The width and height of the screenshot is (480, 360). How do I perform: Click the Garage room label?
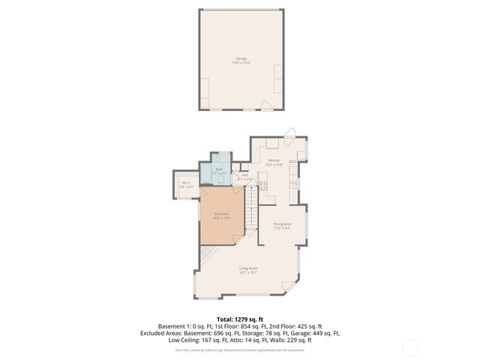(241, 58)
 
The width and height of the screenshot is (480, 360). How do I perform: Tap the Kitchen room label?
(274, 160)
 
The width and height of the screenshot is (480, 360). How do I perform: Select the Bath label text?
(219, 169)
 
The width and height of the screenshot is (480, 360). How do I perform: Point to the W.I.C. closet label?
(185, 184)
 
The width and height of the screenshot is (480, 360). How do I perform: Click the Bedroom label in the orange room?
(222, 214)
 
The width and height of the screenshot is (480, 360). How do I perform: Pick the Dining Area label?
(282, 223)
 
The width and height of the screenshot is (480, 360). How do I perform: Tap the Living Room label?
(249, 268)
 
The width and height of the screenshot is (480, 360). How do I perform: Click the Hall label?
(244, 175)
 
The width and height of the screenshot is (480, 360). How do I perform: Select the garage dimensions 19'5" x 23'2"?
(241, 63)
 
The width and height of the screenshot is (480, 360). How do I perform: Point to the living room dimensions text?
(249, 273)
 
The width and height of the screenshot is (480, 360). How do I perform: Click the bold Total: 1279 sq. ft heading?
(240, 319)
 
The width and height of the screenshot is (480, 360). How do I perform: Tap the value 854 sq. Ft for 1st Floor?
(255, 326)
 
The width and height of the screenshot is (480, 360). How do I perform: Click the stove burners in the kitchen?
(263, 184)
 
